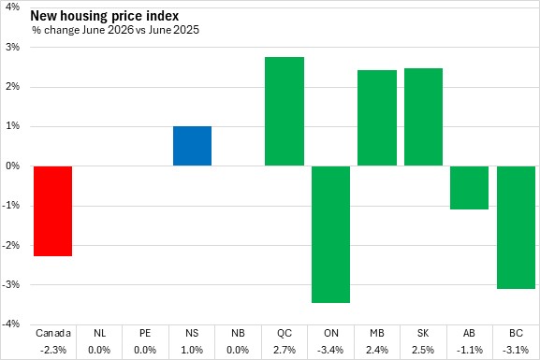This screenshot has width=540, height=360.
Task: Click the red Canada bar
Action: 53,211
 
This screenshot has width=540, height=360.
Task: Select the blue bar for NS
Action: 192,146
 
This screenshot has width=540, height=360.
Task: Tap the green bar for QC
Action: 285,111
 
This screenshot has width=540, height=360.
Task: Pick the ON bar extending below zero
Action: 330,235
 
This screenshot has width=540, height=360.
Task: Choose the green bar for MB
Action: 377,118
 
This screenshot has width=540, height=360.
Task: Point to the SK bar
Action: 423,117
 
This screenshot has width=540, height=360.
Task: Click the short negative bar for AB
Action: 470,188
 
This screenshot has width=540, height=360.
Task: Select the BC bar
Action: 516,227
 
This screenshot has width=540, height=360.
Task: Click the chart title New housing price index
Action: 105,16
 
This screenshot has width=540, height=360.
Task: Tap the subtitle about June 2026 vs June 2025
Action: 115,30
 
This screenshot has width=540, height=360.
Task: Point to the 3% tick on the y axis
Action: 13,47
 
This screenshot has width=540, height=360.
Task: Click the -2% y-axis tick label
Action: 10,245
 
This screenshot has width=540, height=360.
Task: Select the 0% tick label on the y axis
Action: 13,166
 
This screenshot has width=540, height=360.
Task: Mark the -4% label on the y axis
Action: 10,324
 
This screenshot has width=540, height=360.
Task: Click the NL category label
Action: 99,333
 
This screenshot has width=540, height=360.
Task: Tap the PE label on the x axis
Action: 145,333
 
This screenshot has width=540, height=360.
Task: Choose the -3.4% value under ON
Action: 330,350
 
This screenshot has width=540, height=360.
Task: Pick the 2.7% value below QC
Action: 285,350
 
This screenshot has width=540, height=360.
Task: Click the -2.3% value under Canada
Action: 53,350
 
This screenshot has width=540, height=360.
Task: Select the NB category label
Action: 238,333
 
